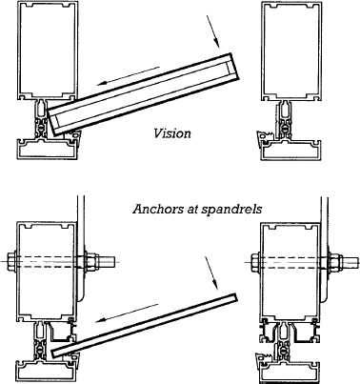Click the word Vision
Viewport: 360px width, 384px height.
[x=171, y=133]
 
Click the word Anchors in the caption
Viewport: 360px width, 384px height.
[x=155, y=204]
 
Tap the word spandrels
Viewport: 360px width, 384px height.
[x=232, y=204]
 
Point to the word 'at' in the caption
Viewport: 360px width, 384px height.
[x=190, y=204]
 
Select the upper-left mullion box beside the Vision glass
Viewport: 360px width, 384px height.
[x=46, y=53]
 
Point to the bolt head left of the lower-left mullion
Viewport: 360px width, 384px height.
[x=12, y=260]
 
